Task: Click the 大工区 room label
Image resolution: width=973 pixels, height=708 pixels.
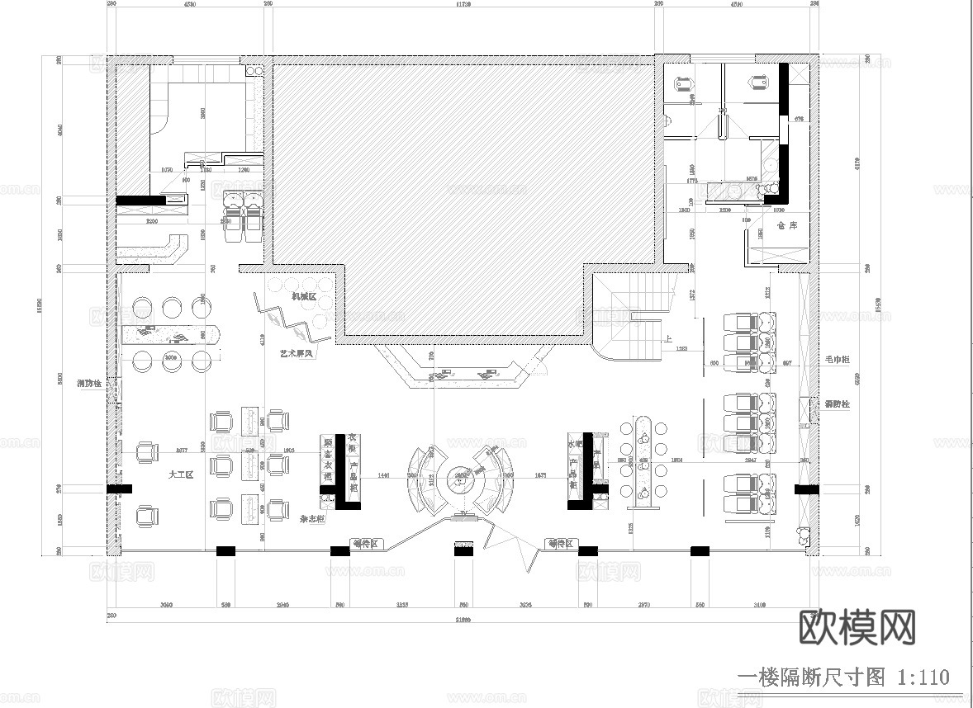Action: point(180,474)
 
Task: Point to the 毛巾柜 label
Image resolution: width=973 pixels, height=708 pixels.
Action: point(837,360)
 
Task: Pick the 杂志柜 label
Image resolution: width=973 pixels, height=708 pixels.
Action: point(311,520)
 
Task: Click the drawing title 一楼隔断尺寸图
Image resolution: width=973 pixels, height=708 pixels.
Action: point(809,677)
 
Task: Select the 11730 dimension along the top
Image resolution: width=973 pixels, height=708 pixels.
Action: point(463,4)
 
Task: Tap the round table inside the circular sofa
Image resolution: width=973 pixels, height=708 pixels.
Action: point(462,476)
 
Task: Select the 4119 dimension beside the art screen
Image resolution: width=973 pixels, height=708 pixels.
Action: point(262,338)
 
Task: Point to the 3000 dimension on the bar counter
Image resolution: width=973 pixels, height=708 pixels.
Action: point(172,358)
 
